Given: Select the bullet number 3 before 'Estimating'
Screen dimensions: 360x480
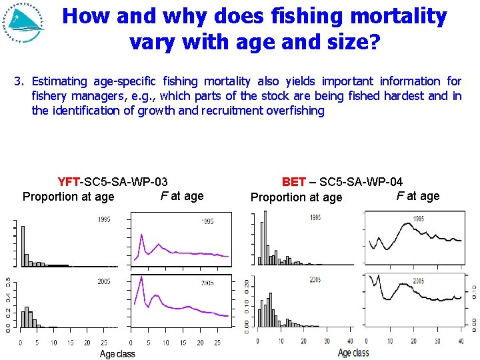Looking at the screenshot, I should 19,81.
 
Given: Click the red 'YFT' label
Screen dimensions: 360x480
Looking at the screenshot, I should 69,181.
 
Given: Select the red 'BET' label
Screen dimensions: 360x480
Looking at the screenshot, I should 294,181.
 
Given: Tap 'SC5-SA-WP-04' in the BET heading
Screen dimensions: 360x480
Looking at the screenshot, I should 363,181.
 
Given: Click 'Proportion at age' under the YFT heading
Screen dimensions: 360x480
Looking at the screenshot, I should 69,197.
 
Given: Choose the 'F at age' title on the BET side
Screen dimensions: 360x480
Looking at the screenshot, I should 418,196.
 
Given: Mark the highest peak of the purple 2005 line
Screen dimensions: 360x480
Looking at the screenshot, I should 142,277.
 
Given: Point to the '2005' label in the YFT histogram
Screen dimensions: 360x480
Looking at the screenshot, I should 103,282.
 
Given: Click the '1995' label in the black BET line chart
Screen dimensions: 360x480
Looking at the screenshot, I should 419,219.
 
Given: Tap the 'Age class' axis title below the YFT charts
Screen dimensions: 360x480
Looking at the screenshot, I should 117,354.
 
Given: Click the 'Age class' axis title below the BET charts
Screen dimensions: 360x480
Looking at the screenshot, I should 353,353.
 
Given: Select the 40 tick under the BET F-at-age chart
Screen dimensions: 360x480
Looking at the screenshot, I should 460,341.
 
